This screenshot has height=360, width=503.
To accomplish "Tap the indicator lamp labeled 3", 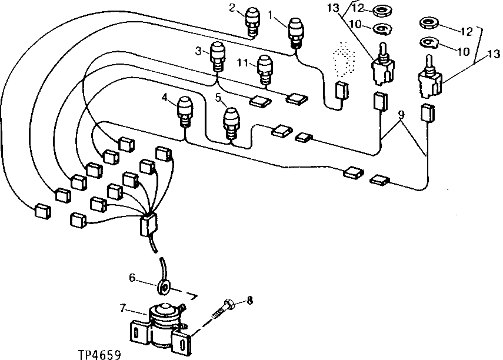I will [x=217, y=56].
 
